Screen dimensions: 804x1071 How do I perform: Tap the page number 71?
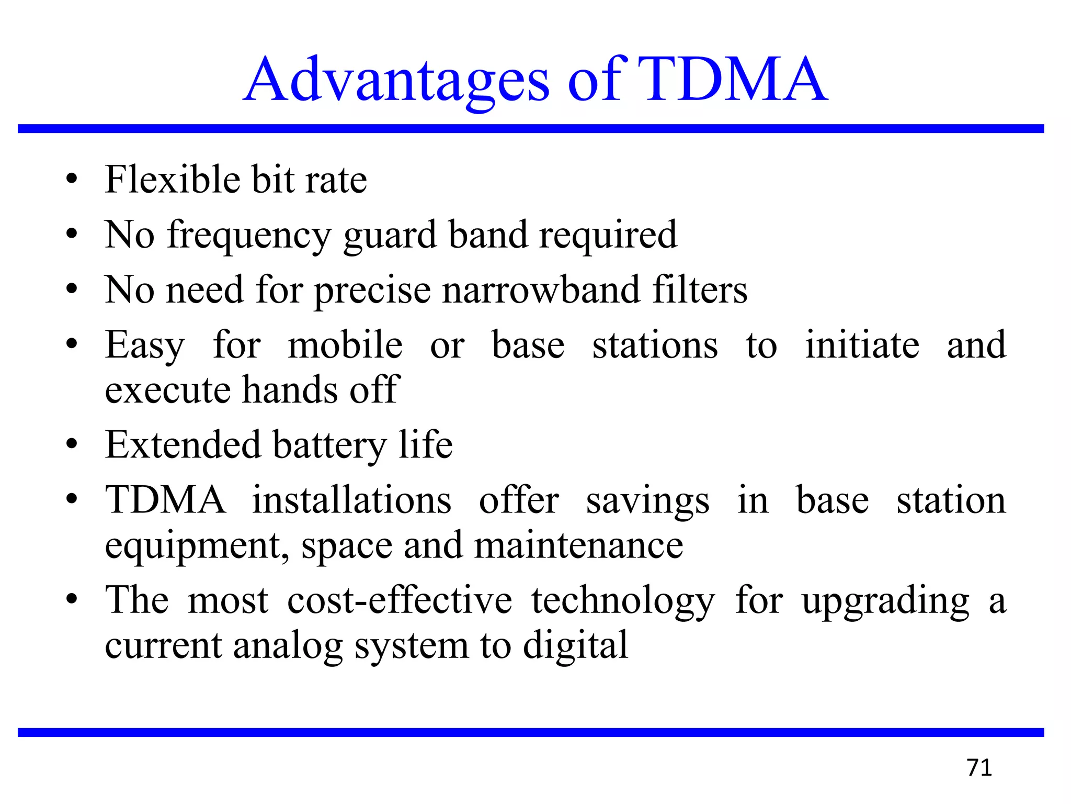click(979, 768)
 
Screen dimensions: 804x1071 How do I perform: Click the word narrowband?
click(541, 290)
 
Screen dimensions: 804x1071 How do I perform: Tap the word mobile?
click(345, 345)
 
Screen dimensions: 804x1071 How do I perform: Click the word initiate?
click(862, 345)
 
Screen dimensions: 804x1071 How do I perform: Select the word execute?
click(167, 390)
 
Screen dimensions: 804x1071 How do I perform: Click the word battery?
click(329, 445)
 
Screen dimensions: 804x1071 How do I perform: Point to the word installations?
click(351, 500)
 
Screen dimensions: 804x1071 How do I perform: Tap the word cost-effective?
click(400, 600)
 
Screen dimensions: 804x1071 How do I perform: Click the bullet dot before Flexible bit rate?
click(72, 180)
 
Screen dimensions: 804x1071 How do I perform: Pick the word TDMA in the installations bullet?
click(166, 500)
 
